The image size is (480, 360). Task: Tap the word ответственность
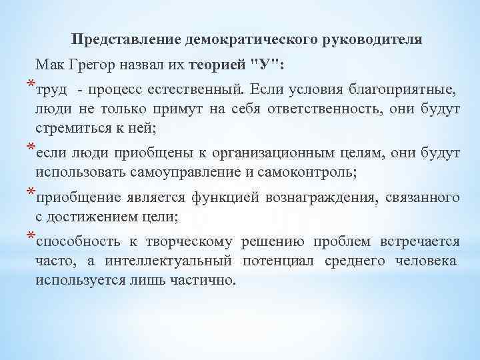[x=313, y=109]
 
